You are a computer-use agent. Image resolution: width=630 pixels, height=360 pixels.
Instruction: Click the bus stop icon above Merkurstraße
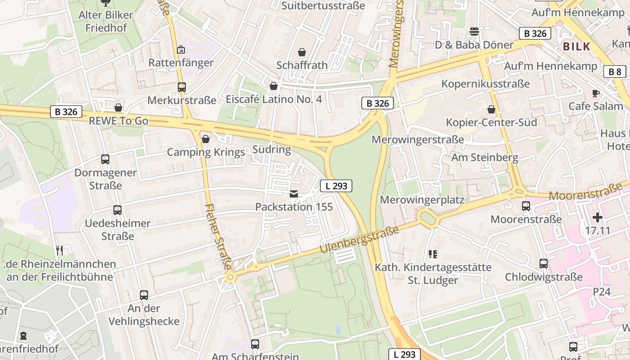pos(182,87)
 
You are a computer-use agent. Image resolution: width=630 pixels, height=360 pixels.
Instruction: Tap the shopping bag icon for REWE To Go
pos(118,108)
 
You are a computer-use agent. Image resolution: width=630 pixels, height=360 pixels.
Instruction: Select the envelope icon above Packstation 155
pos(294,194)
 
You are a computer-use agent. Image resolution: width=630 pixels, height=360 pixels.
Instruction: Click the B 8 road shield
pos(615,72)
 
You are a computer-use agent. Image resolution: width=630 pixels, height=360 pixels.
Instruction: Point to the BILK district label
pos(576,47)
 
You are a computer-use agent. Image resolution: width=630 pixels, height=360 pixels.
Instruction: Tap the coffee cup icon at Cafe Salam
pos(596,93)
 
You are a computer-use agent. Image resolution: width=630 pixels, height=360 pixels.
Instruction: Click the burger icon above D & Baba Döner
pos(474,31)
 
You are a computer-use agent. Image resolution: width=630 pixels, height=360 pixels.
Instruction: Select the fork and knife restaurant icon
pos(59,250)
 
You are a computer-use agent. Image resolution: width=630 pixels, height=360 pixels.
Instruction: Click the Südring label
pos(272,149)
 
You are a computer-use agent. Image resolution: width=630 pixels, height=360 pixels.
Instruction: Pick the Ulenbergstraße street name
pos(360,240)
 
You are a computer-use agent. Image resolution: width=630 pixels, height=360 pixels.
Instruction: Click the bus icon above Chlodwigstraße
pos(544,264)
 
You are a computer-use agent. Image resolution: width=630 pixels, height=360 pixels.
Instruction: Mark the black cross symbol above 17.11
pos(598,218)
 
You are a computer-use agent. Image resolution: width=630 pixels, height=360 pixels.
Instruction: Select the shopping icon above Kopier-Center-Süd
pos(491,109)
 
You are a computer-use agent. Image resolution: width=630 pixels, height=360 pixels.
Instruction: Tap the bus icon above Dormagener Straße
pos(105,159)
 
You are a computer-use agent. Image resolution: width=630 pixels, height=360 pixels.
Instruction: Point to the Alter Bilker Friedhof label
pos(106,21)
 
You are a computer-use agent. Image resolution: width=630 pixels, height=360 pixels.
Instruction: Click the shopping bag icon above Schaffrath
pos(302,52)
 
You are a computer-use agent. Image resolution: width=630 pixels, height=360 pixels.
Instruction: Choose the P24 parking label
pos(601,292)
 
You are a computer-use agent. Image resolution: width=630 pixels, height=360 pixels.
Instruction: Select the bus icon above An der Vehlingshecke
pos(144,295)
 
